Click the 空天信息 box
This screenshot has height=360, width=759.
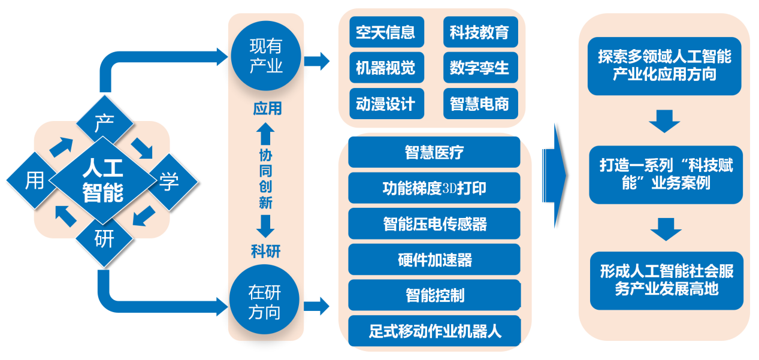pyautogui.click(x=386, y=32)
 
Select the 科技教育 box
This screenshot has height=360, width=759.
pyautogui.click(x=479, y=32)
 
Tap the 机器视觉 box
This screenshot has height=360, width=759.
pyautogui.click(x=386, y=68)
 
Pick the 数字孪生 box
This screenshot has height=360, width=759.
pyautogui.click(x=479, y=68)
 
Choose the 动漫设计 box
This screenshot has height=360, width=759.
pyautogui.click(x=386, y=104)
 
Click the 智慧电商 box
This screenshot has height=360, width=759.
pyautogui.click(x=479, y=104)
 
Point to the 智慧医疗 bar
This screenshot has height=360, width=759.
pyautogui.click(x=434, y=152)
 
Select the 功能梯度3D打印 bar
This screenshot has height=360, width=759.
pyautogui.click(x=434, y=188)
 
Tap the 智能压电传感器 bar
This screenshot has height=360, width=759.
pyautogui.click(x=434, y=224)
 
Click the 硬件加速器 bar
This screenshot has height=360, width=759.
pyautogui.click(x=434, y=259)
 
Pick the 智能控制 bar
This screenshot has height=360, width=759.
pyautogui.click(x=434, y=295)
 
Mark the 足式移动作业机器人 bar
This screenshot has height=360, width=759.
pyautogui.click(x=434, y=330)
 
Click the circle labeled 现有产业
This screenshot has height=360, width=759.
pyautogui.click(x=266, y=56)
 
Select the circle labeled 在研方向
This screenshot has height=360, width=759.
pyautogui.click(x=265, y=302)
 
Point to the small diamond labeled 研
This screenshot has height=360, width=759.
pyautogui.click(x=104, y=239)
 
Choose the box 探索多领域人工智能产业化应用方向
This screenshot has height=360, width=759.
pyautogui.click(x=664, y=66)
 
